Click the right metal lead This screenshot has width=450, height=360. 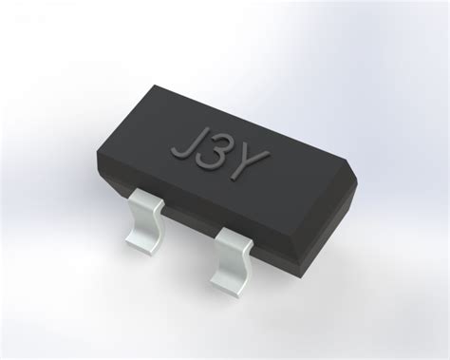click(x=233, y=255)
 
